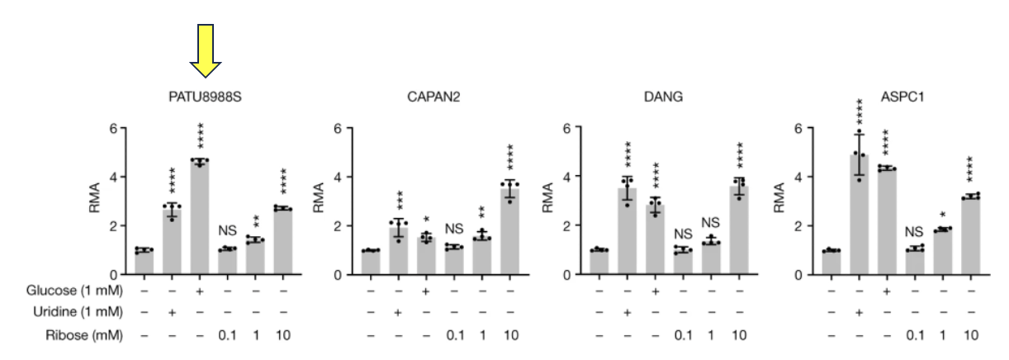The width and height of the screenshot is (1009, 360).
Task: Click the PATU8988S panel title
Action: tap(205, 97)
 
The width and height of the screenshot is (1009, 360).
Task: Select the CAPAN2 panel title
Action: tap(433, 97)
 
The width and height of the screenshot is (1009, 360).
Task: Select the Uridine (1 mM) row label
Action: tap(85, 312)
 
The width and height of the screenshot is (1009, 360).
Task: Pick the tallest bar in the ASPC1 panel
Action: tap(860, 215)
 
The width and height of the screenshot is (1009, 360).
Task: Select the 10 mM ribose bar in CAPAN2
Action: tap(509, 231)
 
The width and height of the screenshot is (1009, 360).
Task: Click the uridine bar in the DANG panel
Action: tap(628, 231)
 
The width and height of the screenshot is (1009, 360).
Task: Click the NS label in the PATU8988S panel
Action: tap(228, 230)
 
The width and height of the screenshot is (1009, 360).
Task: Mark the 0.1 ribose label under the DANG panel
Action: tap(683, 335)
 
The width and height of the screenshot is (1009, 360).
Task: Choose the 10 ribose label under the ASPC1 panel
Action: tap(971, 335)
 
